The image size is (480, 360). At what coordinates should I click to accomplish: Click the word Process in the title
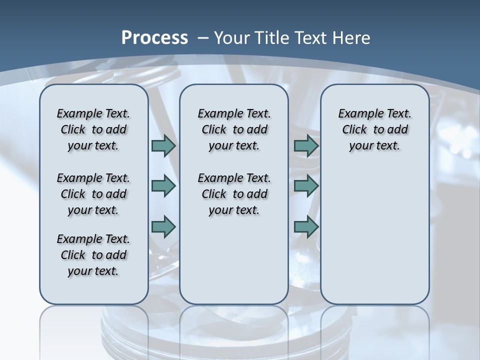(154, 38)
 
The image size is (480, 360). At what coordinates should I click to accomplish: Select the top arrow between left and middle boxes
(163, 145)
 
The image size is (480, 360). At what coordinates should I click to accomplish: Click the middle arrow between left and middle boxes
(163, 186)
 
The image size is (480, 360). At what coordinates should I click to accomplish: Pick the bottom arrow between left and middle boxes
(163, 226)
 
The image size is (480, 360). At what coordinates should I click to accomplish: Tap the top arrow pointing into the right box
(306, 145)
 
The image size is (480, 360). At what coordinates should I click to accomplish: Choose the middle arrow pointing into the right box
(306, 186)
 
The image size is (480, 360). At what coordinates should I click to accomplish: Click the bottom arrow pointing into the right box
(306, 226)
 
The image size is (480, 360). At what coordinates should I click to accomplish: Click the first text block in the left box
(93, 129)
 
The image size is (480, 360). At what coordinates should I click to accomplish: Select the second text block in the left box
(93, 194)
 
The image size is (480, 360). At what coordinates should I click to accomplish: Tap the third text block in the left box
(93, 255)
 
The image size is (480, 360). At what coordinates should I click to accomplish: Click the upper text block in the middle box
(234, 129)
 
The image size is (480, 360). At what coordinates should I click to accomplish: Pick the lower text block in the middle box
(234, 194)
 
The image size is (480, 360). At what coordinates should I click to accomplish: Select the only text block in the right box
(374, 129)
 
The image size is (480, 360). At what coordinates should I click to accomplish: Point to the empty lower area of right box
(374, 235)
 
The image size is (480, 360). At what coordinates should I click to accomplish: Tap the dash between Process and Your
(203, 38)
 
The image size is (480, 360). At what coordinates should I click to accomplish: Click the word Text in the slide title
(313, 38)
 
